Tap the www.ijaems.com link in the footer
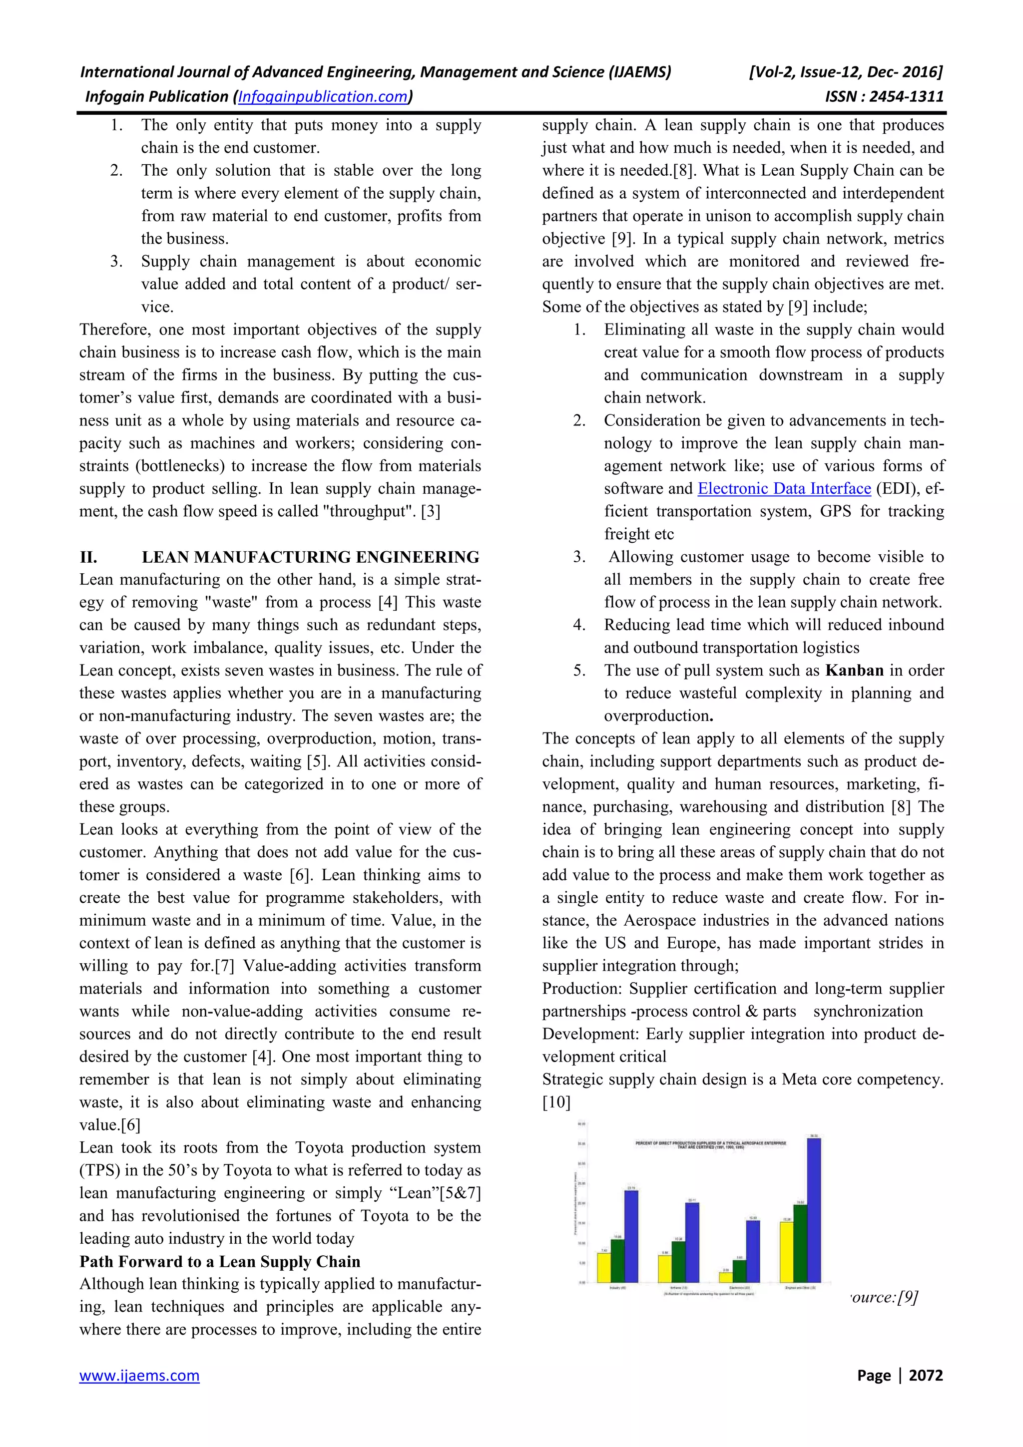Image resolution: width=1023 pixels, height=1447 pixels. [x=139, y=1375]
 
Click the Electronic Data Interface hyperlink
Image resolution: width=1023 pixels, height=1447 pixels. [x=784, y=488]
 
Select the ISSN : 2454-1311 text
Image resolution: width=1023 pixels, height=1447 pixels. [x=884, y=96]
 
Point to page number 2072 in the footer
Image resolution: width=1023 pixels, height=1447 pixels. [x=926, y=1375]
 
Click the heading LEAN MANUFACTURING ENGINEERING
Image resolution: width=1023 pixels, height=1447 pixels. [x=310, y=557]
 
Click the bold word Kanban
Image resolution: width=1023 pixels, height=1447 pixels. [x=854, y=671]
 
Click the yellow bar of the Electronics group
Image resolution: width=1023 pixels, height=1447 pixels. [x=725, y=1277]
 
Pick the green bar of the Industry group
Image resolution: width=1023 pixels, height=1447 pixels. [x=618, y=1260]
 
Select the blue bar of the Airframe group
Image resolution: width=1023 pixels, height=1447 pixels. [x=692, y=1242]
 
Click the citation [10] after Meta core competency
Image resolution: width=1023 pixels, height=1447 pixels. [x=556, y=1102]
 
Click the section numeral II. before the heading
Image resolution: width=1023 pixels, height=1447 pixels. [x=88, y=557]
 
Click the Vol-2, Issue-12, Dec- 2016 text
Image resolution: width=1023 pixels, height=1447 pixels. [x=845, y=72]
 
